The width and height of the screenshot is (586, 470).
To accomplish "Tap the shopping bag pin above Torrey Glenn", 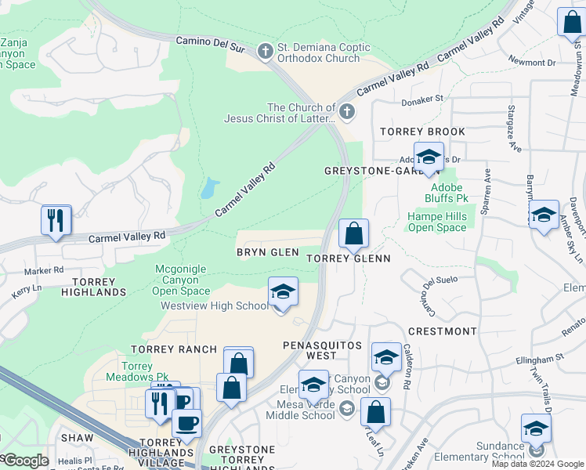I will [353, 233].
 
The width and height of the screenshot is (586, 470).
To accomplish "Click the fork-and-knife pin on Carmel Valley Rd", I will [56, 221].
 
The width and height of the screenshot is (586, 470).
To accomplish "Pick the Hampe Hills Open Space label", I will [436, 222].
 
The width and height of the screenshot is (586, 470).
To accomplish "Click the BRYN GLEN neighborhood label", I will [268, 252].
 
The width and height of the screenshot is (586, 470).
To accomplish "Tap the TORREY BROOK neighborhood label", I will [422, 132].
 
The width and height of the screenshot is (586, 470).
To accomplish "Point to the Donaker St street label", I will [421, 99].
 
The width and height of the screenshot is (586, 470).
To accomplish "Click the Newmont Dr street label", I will [531, 61].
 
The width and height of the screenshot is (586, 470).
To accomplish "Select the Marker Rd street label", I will [44, 271].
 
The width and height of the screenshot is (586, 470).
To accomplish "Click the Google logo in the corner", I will [26, 461].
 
